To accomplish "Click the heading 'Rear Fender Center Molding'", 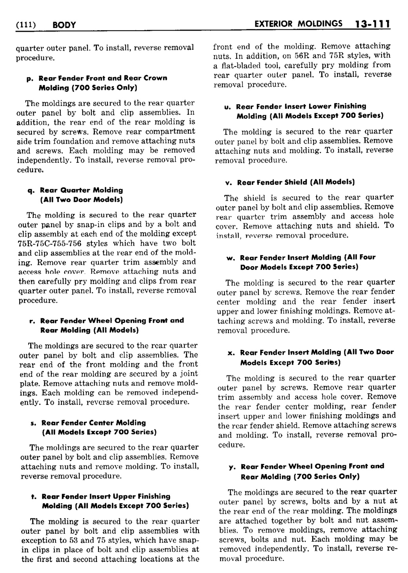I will pyautogui.click(x=93, y=423).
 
